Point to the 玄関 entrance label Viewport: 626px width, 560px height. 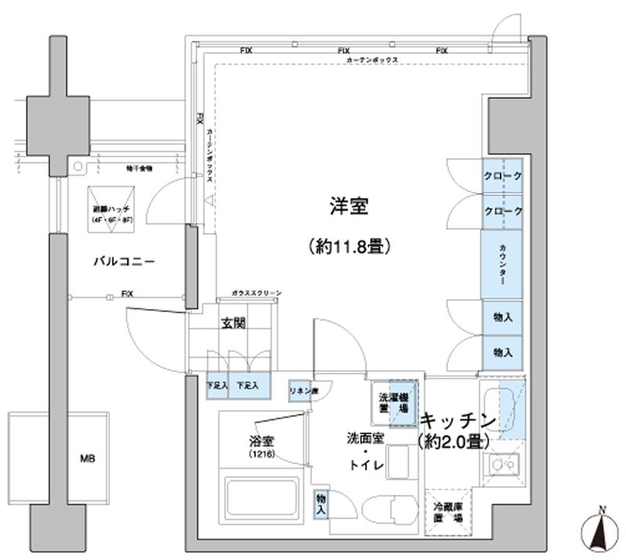point(233,323)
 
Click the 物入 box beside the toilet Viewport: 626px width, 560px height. point(322,502)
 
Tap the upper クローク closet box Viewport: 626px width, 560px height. point(502,178)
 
